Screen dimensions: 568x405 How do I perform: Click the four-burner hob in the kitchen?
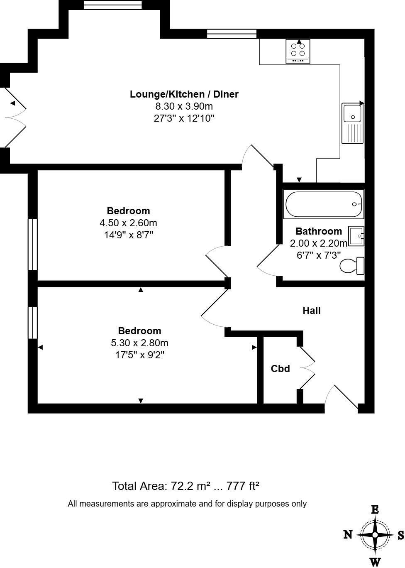pyautogui.click(x=298, y=51)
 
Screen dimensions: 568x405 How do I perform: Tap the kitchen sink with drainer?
pyautogui.click(x=352, y=123)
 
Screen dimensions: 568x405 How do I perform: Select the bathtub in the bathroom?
pyautogui.click(x=323, y=204)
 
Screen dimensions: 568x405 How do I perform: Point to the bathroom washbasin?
pyautogui.click(x=356, y=236)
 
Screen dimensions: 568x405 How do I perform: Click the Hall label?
pyautogui.click(x=311, y=311)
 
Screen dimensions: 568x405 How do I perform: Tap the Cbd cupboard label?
pyautogui.click(x=280, y=369)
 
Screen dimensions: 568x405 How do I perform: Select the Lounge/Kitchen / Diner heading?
pyautogui.click(x=184, y=94)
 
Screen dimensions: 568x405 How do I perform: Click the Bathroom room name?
pyautogui.click(x=319, y=231)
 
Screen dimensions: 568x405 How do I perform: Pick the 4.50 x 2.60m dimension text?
pyautogui.click(x=128, y=223)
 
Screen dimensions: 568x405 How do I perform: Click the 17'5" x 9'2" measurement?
pyautogui.click(x=140, y=355)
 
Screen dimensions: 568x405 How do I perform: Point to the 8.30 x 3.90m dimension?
pyautogui.click(x=184, y=106)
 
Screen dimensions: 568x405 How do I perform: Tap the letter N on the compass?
pyautogui.click(x=348, y=534)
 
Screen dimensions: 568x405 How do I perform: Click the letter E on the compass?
pyautogui.click(x=375, y=510)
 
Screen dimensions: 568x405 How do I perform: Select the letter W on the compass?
pyautogui.click(x=375, y=562)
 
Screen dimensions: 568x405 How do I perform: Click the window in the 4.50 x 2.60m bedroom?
pyautogui.click(x=32, y=244)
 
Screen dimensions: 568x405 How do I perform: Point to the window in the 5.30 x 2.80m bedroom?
pyautogui.click(x=32, y=323)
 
